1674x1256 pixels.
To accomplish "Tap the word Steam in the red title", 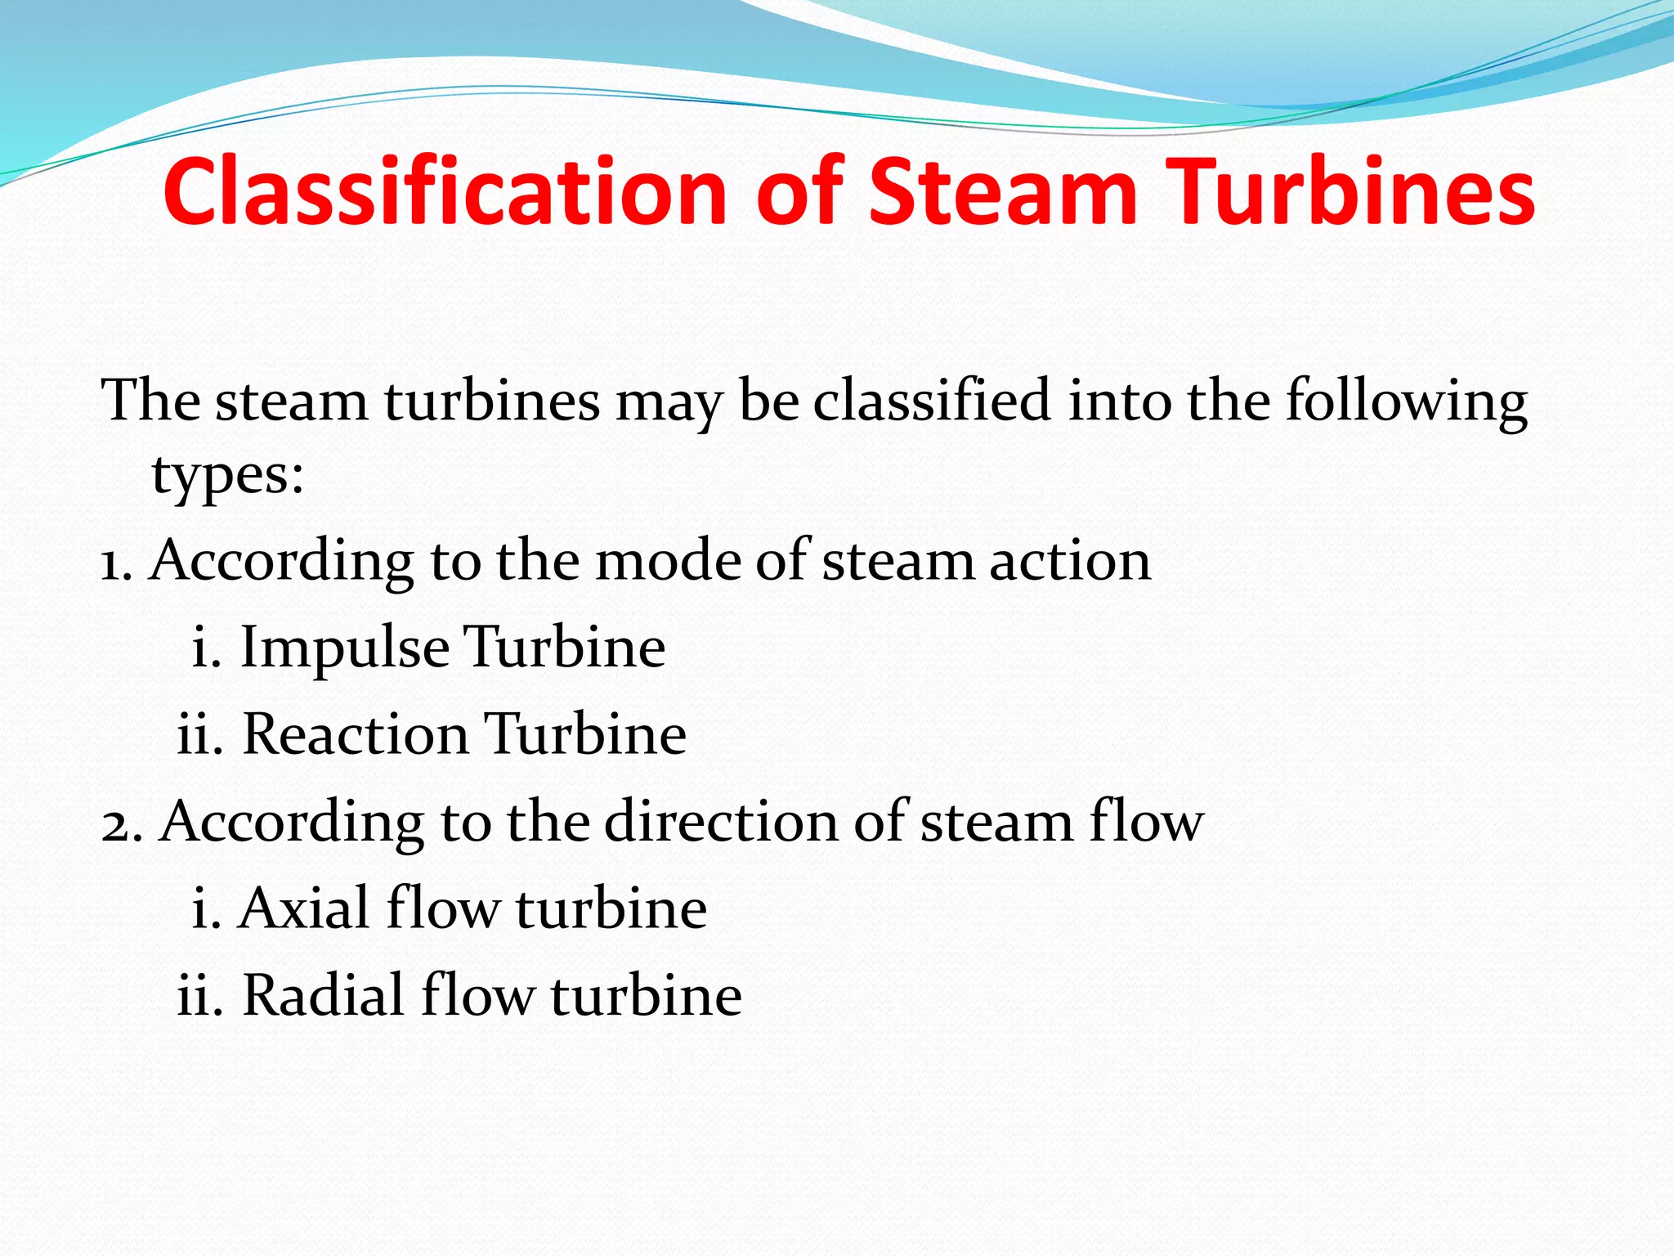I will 1002,192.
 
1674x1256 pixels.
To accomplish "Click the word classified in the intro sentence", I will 932,401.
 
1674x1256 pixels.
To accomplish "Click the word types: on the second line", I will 228,475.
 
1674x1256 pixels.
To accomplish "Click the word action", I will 1070,563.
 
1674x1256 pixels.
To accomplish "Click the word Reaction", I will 356,733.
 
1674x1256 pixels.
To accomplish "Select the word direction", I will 721,822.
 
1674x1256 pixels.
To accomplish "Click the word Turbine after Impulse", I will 565,648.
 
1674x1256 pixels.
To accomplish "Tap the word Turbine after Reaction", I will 585,733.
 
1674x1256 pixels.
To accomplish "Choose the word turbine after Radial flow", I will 647,996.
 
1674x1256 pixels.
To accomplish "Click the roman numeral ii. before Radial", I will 199,996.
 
